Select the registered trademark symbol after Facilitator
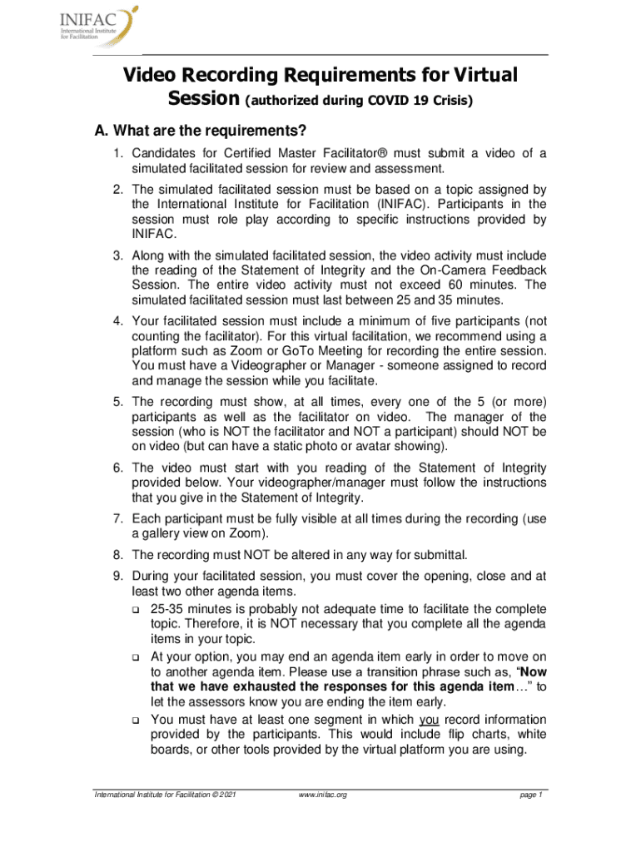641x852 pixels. (x=385, y=153)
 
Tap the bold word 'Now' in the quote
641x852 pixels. (x=532, y=671)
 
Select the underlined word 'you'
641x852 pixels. (x=430, y=719)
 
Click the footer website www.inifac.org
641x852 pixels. (x=321, y=795)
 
